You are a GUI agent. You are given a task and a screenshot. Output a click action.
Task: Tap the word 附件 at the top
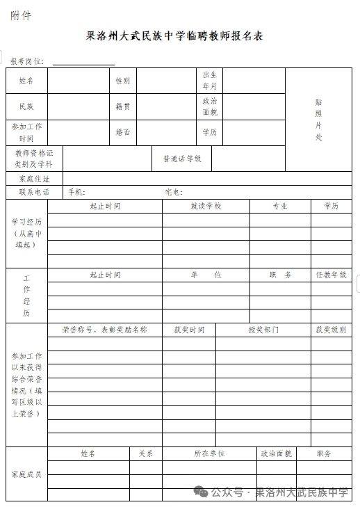[x=21, y=15]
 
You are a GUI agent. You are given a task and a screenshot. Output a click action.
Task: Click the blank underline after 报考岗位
[x=83, y=62]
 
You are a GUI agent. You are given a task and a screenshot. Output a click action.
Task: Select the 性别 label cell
[x=122, y=81]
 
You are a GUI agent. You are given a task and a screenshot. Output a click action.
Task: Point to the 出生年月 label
[x=209, y=81]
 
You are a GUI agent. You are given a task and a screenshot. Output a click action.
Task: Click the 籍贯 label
[x=122, y=106]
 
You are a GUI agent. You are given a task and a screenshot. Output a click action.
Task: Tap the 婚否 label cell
[x=122, y=132]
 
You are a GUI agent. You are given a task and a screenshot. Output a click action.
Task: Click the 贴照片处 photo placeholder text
[x=318, y=119]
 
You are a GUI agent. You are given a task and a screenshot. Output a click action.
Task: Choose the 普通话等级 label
[x=182, y=159]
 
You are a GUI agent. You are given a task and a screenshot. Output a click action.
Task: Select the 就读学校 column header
[x=206, y=207]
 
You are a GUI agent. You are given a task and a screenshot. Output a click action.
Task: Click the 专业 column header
[x=279, y=207]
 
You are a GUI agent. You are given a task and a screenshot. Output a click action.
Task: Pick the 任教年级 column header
[x=331, y=275]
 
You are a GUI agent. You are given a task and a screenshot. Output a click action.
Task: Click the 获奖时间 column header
[x=189, y=330]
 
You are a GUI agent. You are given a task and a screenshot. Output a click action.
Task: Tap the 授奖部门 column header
[x=263, y=330]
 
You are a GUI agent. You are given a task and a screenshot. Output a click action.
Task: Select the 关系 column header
[x=145, y=453]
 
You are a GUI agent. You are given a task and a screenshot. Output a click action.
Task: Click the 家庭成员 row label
[x=26, y=474]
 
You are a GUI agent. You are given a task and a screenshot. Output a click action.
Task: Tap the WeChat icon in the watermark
[x=201, y=492]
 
